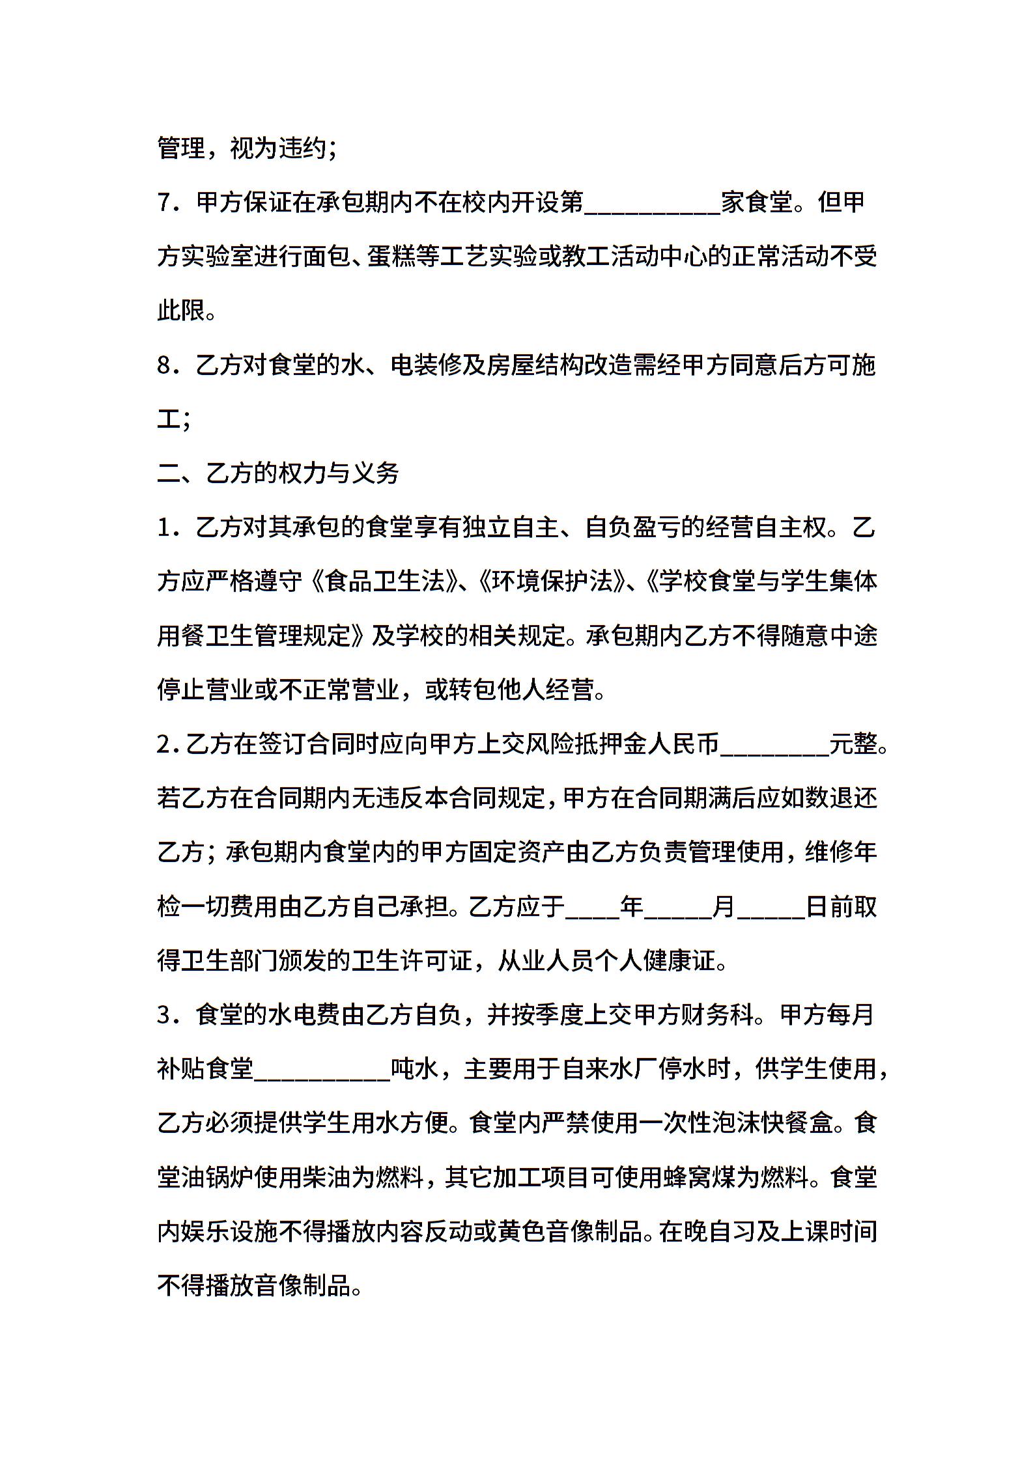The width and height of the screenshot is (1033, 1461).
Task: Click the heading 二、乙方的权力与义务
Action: tap(278, 473)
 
